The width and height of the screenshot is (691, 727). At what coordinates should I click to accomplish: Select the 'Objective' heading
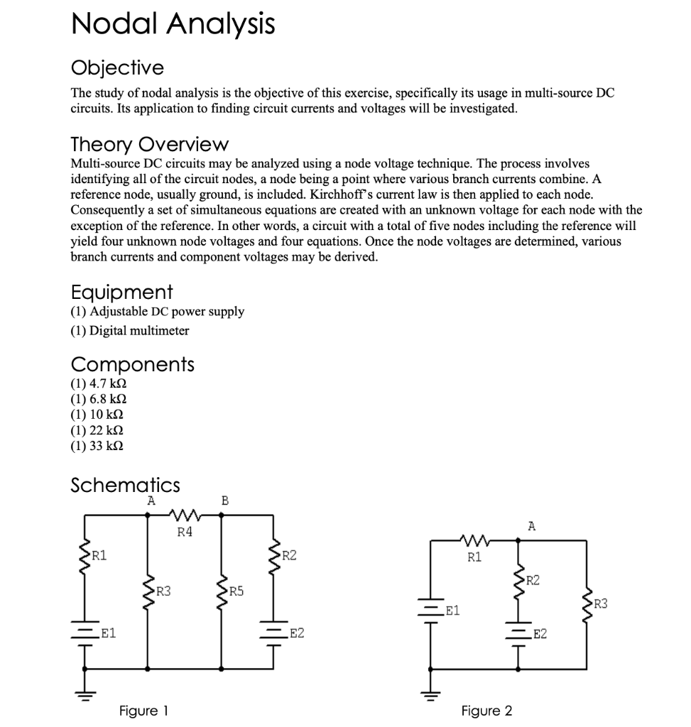(x=117, y=68)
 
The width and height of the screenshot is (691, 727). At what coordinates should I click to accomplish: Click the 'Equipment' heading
(x=121, y=292)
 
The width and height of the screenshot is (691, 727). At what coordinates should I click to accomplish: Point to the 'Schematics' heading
(x=125, y=486)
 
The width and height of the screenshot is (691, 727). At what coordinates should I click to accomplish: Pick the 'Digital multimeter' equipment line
(x=129, y=331)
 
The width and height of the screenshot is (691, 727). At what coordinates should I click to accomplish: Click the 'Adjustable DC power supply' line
(x=157, y=312)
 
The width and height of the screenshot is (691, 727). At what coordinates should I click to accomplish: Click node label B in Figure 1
(x=225, y=501)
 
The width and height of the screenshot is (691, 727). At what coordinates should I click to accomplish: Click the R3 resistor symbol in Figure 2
(x=587, y=603)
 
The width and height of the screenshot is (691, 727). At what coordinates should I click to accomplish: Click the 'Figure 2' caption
(x=486, y=711)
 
